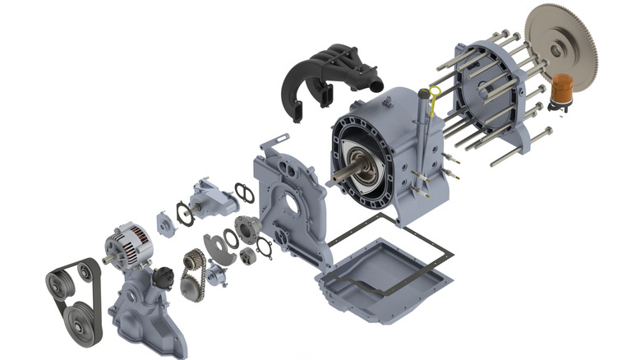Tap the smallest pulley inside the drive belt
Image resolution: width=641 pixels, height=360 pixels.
(x=87, y=270)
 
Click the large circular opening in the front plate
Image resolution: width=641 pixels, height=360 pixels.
(x=291, y=196)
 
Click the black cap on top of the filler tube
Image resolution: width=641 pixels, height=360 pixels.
(x=425, y=92)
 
